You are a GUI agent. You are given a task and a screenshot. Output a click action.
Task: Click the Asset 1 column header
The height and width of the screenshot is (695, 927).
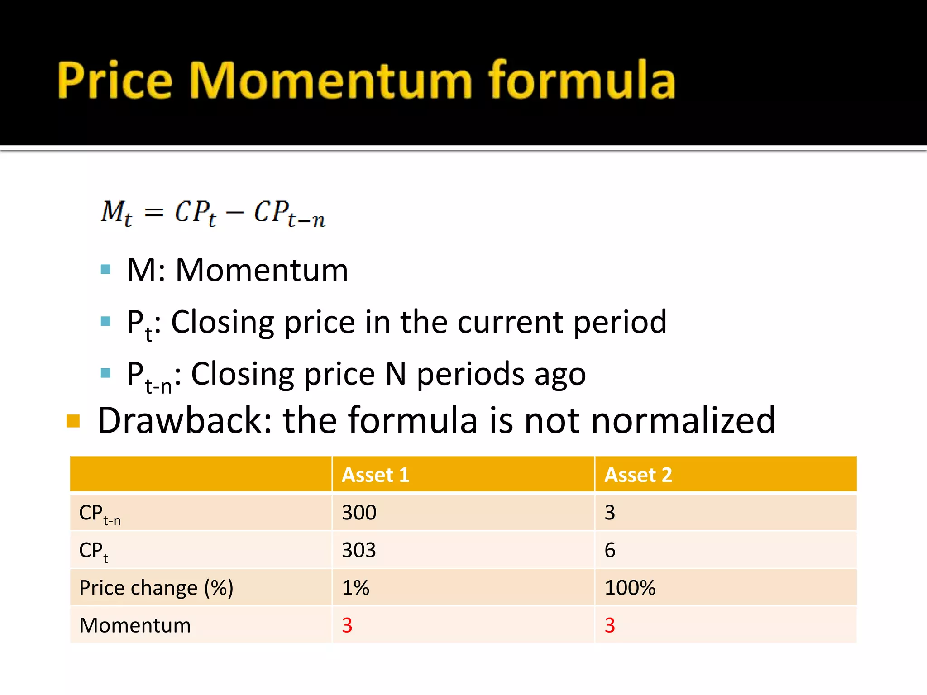click(375, 475)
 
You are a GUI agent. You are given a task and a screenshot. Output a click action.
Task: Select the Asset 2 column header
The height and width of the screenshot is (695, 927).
click(638, 475)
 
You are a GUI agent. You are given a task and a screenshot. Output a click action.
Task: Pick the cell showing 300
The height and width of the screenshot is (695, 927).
click(359, 513)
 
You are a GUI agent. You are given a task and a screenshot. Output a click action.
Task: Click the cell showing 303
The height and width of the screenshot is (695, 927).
click(359, 550)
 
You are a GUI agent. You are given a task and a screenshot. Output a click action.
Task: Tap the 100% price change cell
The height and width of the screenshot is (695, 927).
click(630, 588)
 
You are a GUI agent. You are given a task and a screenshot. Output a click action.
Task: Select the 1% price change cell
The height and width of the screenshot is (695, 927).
click(355, 588)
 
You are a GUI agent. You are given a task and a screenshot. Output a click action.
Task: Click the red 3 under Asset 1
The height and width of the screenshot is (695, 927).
click(347, 625)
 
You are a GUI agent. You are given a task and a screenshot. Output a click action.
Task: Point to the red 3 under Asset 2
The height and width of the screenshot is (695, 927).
click(610, 625)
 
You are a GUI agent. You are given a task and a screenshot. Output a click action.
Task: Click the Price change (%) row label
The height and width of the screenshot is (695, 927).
click(156, 588)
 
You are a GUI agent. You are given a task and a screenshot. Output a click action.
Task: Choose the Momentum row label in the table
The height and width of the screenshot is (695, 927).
click(135, 625)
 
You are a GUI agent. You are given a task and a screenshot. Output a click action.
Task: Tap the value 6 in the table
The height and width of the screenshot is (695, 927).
click(610, 550)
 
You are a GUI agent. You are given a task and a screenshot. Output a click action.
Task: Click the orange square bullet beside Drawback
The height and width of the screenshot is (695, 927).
click(73, 421)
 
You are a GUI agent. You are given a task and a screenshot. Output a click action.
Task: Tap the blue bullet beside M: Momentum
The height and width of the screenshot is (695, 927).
click(106, 270)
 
